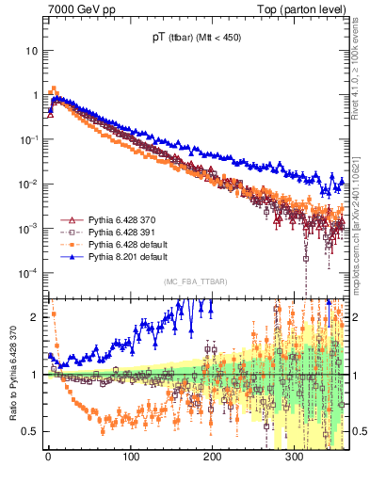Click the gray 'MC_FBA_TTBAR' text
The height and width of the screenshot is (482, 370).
click(193, 281)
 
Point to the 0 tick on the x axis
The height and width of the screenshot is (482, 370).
click(48, 458)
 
